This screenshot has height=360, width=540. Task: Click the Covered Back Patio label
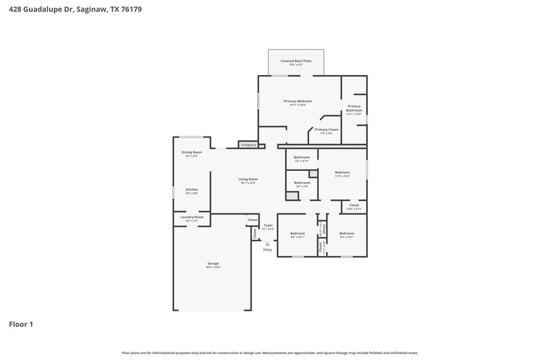pyautogui.click(x=296, y=61)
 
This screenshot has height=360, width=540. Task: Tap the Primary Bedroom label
pyautogui.click(x=297, y=101)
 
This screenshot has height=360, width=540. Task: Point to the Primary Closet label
pyautogui.click(x=326, y=129)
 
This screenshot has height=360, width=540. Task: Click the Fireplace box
pyautogui.click(x=248, y=145)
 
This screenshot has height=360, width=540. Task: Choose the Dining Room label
pyautogui.click(x=192, y=152)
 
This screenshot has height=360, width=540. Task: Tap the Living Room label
pyautogui.click(x=248, y=179)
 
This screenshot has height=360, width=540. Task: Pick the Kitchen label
pyautogui.click(x=192, y=189)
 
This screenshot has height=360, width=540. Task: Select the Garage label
pyautogui.click(x=213, y=263)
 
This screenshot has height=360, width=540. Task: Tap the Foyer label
pyautogui.click(x=268, y=225)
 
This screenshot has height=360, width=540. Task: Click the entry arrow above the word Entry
pyautogui.click(x=268, y=244)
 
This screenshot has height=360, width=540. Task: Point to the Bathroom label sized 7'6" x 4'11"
pyautogui.click(x=302, y=157)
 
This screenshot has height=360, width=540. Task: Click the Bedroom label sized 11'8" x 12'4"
pyautogui.click(x=342, y=172)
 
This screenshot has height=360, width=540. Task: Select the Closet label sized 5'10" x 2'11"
pyautogui.click(x=354, y=205)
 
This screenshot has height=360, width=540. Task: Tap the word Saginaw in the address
pyautogui.click(x=88, y=10)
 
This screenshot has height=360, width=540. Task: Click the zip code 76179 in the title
pyautogui.click(x=132, y=10)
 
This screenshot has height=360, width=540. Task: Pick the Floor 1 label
pyautogui.click(x=21, y=324)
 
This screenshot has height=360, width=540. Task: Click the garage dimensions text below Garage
pyautogui.click(x=213, y=267)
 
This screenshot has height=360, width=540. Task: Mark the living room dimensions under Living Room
pyautogui.click(x=248, y=183)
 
